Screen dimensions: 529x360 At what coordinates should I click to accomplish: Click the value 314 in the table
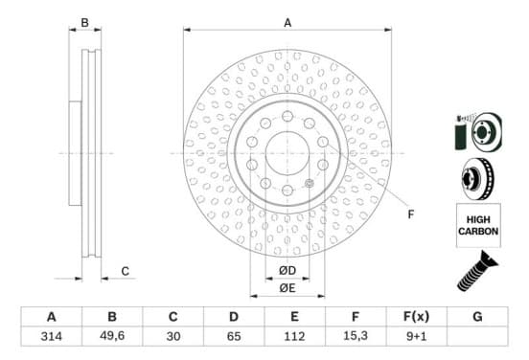[52, 336]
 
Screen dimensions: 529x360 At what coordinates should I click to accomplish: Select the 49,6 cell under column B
[112, 336]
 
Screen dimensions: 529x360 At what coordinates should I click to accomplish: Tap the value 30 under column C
[173, 336]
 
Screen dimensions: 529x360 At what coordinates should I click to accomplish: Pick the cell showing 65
[234, 336]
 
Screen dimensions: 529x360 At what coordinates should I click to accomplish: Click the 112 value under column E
[294, 336]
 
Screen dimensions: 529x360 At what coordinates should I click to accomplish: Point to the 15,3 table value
[356, 336]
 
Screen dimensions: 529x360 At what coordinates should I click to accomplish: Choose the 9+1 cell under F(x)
[416, 336]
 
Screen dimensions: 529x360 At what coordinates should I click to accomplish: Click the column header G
[477, 317]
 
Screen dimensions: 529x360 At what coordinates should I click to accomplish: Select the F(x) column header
[416, 317]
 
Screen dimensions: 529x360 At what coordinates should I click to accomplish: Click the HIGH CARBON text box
[478, 225]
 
